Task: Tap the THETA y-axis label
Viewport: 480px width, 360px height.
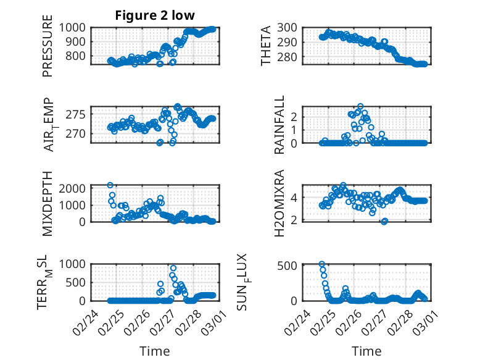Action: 266,46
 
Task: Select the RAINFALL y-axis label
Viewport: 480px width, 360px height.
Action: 279,125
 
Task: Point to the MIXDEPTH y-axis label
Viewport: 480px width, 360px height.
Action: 48,203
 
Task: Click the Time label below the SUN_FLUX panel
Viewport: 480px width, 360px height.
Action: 366,351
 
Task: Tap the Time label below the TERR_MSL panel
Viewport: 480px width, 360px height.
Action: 155,351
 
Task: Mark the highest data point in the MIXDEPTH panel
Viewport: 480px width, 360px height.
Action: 110,185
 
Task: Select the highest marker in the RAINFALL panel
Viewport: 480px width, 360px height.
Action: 360,106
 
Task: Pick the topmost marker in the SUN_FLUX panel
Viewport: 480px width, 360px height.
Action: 321,264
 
